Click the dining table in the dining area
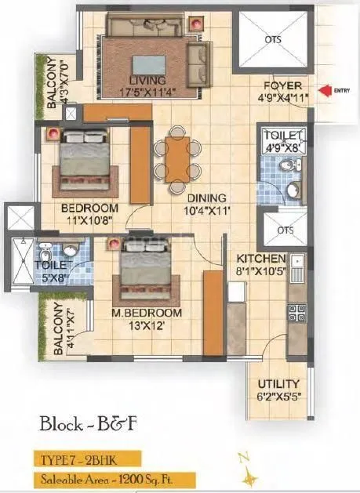(x=177, y=159)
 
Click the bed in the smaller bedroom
(x=85, y=161)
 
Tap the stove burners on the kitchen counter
(x=297, y=313)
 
